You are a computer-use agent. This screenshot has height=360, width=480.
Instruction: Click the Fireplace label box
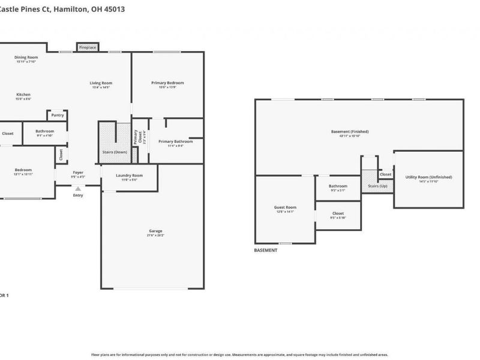88,47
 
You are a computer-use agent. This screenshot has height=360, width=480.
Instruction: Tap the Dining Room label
26,58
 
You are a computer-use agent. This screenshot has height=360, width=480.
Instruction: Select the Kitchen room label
23,95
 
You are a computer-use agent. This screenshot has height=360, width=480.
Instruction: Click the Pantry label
58,115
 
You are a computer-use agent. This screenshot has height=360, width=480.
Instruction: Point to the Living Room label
101,83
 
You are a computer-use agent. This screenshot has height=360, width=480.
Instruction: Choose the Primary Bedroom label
167,83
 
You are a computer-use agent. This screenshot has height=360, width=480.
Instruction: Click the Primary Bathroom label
175,142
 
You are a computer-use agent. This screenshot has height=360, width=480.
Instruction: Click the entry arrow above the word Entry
78,189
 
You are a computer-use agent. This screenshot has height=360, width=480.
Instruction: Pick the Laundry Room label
130,176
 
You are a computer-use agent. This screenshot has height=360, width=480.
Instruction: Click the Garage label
155,231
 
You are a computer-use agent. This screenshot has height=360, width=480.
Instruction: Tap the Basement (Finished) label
350,131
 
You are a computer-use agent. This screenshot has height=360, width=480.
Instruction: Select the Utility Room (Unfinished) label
428,177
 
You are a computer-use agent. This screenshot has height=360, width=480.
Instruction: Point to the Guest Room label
285,208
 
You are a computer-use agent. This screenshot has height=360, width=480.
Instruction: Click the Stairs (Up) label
377,187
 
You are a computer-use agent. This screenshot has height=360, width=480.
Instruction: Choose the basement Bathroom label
338,186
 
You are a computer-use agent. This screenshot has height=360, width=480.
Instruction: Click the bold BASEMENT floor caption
266,250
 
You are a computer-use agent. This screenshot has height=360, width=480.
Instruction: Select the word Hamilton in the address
71,10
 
